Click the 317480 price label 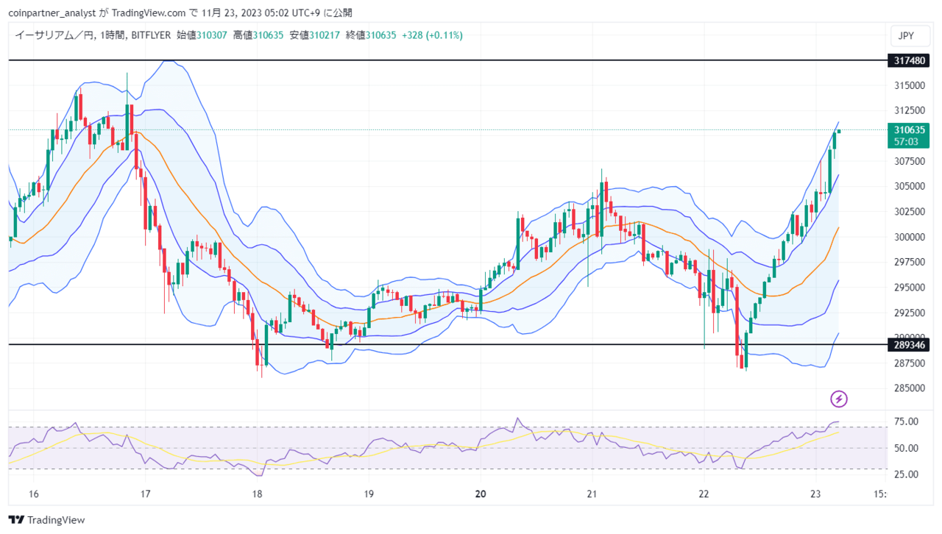[908, 60]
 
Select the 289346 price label [908, 345]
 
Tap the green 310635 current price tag [908, 130]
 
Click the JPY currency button [910, 36]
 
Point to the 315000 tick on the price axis [910, 85]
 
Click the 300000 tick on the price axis [910, 237]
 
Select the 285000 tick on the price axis [910, 388]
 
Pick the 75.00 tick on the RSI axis [906, 421]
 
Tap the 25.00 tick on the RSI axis [906, 474]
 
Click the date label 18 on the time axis [257, 494]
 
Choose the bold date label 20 [481, 494]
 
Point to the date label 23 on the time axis [815, 494]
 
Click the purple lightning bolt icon [838, 399]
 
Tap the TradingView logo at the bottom [46, 520]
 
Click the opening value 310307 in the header [212, 35]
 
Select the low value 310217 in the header [325, 35]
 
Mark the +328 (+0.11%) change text [432, 35]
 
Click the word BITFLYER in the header [151, 35]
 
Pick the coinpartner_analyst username [52, 13]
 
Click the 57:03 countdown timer [906, 142]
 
